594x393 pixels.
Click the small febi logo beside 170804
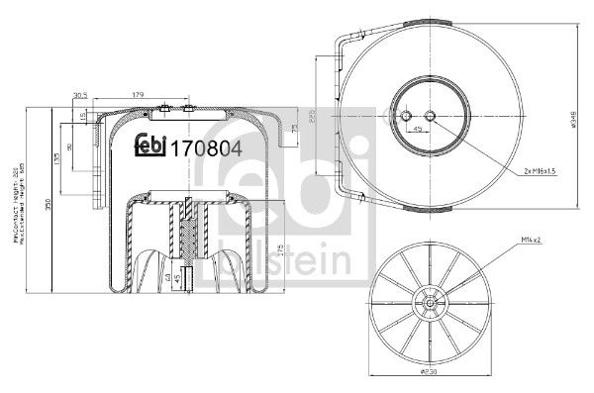tap(151, 147)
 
